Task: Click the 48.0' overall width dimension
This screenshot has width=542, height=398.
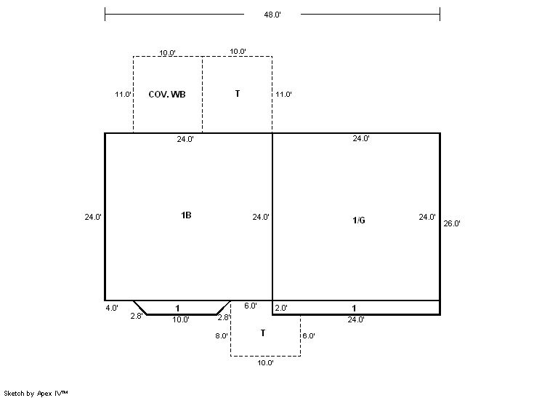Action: (x=272, y=15)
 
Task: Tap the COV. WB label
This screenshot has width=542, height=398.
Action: (x=167, y=94)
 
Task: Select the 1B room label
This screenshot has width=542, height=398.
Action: (x=186, y=215)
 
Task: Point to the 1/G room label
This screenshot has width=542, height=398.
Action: (x=359, y=220)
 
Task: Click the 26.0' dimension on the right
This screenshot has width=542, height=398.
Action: (x=452, y=223)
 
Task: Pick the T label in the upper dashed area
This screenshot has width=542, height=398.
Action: (x=238, y=94)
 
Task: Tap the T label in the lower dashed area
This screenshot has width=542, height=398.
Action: (x=263, y=333)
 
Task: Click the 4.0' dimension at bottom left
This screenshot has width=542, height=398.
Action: (x=112, y=308)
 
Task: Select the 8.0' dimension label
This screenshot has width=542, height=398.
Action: (x=222, y=335)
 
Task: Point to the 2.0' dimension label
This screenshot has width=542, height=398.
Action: (x=281, y=308)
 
